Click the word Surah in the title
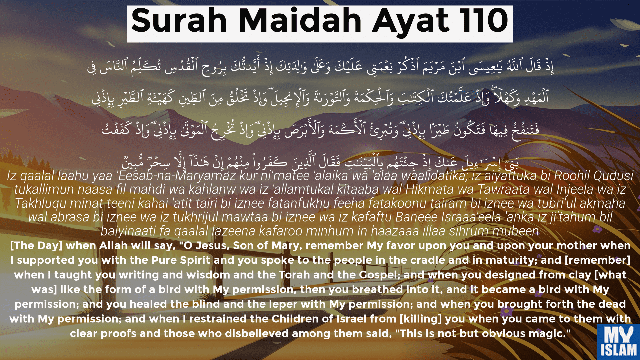point(179,21)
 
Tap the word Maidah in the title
point(300,21)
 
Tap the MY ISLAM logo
point(619,342)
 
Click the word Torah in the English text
point(294,275)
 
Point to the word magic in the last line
point(549,334)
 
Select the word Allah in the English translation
point(113,246)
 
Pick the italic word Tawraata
point(503,190)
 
